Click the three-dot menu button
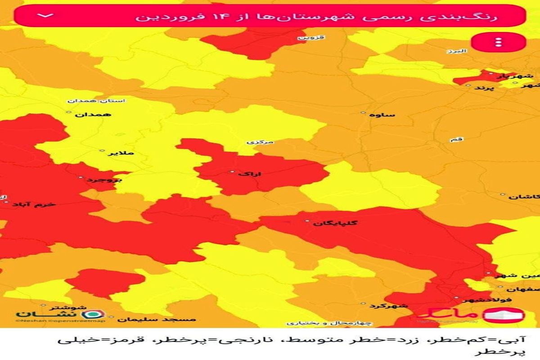point(498,43)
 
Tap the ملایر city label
point(121,153)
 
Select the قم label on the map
point(456,140)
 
